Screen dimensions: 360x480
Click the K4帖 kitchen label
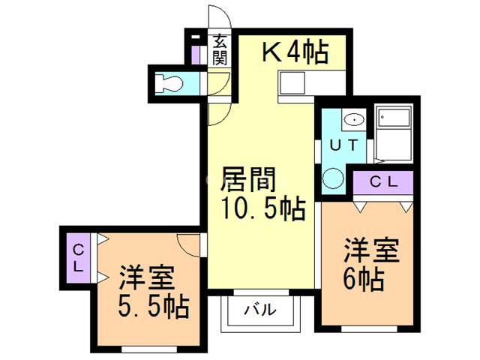[x=294, y=52]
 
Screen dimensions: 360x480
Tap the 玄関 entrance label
[x=218, y=50]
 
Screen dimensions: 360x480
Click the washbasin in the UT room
[x=352, y=119]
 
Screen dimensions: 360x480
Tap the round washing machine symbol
[x=331, y=178]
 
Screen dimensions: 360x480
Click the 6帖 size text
[x=364, y=280]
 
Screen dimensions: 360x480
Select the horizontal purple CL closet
[x=382, y=181]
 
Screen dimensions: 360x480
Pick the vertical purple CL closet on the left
[x=79, y=257]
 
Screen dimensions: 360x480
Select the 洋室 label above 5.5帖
[x=147, y=277]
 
